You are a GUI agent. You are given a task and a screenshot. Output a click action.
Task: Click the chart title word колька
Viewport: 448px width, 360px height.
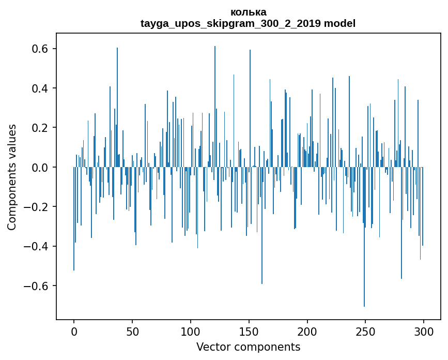coord(248,12)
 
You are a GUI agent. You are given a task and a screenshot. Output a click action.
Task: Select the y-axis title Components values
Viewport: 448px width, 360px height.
coord(12,177)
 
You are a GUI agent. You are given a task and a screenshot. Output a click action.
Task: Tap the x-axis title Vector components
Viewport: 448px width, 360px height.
coord(248,347)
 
